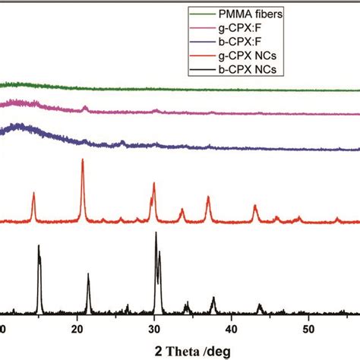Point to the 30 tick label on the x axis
point(154,329)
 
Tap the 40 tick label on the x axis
point(232,329)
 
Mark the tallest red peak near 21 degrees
point(82,162)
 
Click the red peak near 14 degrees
point(33,194)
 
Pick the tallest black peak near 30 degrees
point(156,234)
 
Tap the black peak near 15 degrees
point(39,248)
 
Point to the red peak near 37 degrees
point(208,197)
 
